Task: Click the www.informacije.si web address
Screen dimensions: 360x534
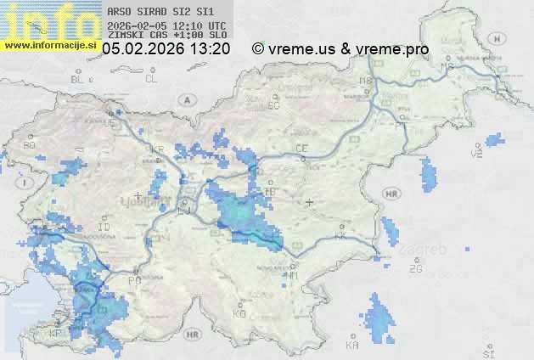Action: pos(50,44)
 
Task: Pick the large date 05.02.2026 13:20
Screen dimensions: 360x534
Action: pos(166,49)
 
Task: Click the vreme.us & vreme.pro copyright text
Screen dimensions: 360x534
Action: pos(340,49)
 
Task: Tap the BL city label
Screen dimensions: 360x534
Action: pos(79,79)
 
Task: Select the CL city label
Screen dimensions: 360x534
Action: pos(151,79)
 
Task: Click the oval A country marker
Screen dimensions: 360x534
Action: pos(186,98)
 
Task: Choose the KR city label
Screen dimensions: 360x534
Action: pos(157,149)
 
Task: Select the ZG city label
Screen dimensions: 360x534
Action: pos(415,269)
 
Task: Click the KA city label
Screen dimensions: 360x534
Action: pos(352,346)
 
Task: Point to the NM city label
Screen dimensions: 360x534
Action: pos(293,275)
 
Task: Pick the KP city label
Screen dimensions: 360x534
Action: pos(56,333)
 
